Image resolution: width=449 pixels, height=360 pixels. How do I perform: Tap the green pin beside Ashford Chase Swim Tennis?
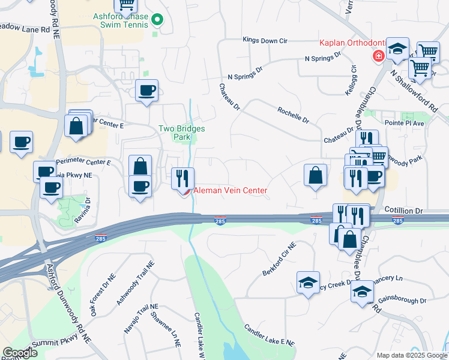157,20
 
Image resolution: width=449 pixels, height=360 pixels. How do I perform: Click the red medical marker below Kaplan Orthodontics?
378,56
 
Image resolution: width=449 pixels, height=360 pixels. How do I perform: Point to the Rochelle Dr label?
293,115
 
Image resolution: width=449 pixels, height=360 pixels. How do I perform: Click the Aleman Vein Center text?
229,190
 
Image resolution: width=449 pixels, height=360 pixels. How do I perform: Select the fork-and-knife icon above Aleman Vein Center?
183,178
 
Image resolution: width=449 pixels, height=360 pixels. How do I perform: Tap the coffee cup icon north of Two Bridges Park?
147,91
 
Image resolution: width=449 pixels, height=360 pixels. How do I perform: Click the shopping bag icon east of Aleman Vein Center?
315,176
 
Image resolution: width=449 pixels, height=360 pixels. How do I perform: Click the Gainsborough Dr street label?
405,300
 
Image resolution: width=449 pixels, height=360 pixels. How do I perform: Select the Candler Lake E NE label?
269,335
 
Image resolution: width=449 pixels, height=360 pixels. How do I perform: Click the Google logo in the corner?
20,353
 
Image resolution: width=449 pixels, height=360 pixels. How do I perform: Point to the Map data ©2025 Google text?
411,355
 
